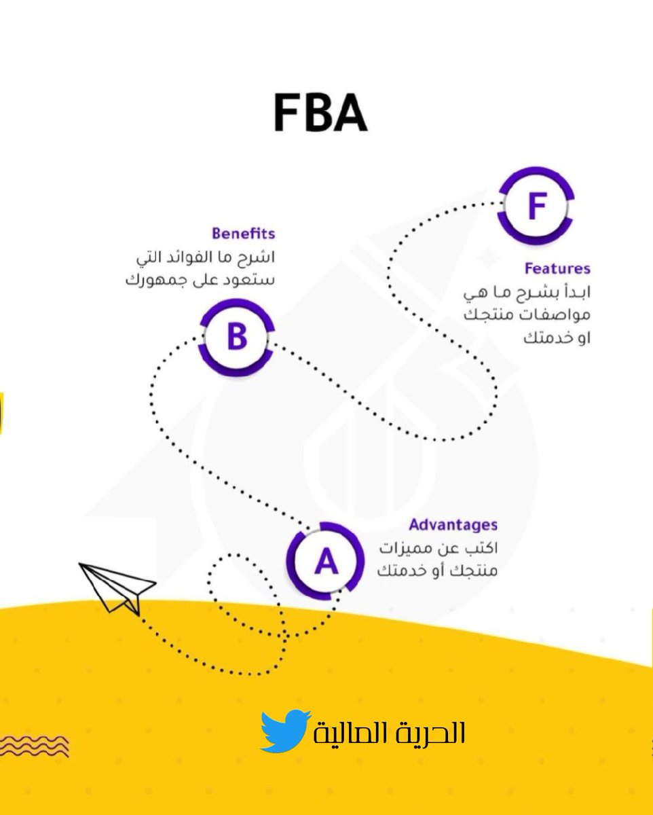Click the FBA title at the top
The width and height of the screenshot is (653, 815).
[320, 113]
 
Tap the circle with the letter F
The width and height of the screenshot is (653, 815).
[536, 205]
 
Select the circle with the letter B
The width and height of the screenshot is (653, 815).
[236, 338]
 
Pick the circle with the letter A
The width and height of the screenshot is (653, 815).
[325, 561]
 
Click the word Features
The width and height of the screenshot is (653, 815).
[557, 268]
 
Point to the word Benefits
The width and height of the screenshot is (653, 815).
[243, 234]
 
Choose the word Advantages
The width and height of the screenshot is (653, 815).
[453, 525]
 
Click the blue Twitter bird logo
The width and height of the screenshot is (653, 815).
[285, 731]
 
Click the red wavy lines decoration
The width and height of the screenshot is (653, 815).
[34, 745]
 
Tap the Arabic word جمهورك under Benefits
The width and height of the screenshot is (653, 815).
[160, 280]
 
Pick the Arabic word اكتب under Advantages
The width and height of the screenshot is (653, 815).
[481, 548]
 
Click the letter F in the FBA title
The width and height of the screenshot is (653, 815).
[287, 113]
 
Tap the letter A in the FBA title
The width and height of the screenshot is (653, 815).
[350, 113]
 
